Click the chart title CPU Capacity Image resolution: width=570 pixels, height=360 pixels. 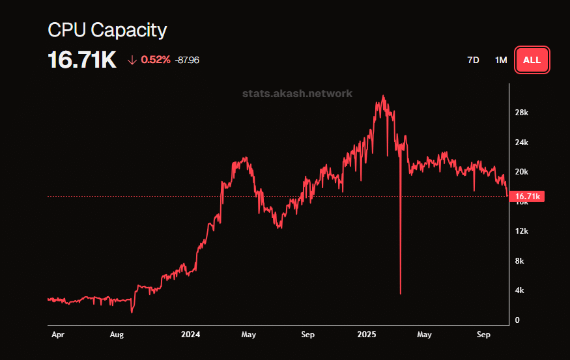point(107,30)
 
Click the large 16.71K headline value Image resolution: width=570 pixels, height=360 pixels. point(82,61)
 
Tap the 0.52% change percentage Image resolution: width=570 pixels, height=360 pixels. point(156,60)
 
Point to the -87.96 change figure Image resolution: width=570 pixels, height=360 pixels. point(187,60)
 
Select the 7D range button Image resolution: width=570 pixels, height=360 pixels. point(473,60)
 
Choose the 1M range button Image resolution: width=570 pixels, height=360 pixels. point(500,60)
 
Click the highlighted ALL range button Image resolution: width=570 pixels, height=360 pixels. point(532,60)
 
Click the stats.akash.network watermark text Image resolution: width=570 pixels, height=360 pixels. point(297,93)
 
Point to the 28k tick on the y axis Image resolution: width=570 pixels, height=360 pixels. point(521,113)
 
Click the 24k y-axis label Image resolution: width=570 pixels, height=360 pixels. point(521,143)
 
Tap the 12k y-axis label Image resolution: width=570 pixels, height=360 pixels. point(521,231)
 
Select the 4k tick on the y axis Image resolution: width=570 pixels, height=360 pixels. point(519,290)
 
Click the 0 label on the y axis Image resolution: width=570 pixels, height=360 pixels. point(517,320)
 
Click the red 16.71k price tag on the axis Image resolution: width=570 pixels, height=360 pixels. point(528,196)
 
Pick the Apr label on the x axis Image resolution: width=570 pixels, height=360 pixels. point(57,335)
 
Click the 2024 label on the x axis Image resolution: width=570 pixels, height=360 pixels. point(191,335)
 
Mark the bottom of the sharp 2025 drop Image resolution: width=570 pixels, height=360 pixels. point(400,294)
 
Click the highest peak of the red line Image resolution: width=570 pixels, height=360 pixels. point(383,96)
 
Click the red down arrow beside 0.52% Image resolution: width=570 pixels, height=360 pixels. point(132,60)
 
